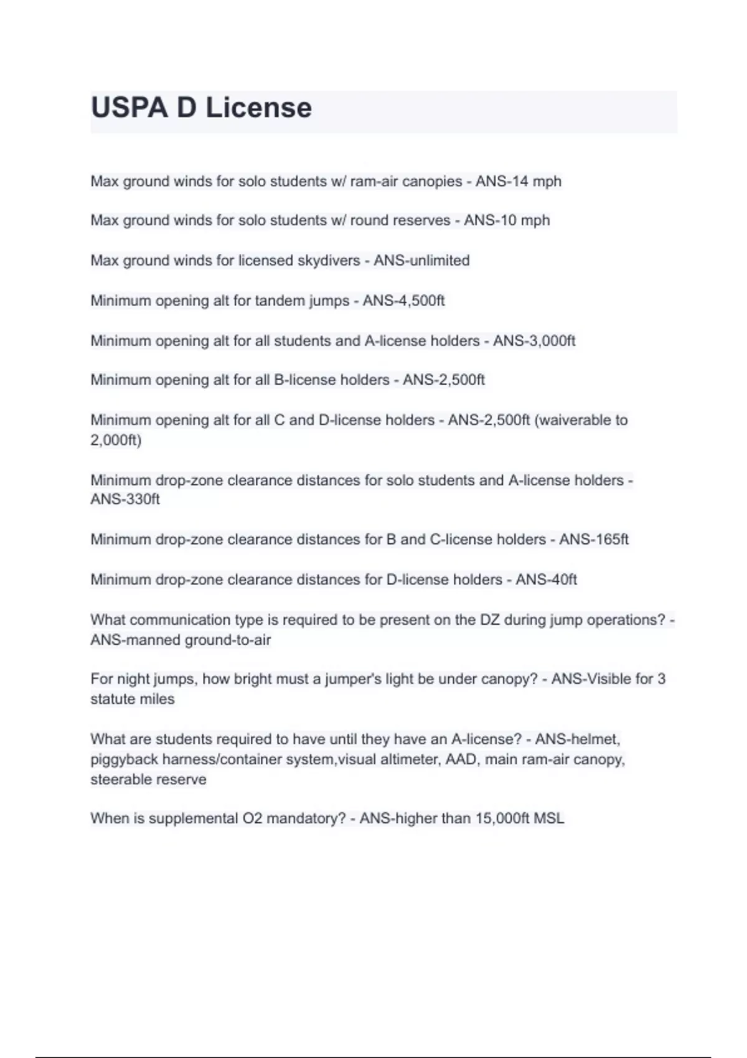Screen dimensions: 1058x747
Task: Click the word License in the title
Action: click(x=258, y=108)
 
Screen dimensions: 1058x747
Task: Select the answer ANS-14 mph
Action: click(x=518, y=181)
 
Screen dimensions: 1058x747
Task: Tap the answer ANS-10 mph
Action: click(x=507, y=220)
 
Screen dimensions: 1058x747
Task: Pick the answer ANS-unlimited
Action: click(x=421, y=260)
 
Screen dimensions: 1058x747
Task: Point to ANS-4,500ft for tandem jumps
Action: click(x=403, y=301)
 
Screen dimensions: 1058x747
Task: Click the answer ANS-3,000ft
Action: click(x=534, y=341)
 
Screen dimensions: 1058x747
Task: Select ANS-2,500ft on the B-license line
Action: click(x=443, y=380)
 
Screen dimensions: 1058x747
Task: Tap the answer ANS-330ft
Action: click(x=125, y=499)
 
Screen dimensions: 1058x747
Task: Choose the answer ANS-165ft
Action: click(x=594, y=539)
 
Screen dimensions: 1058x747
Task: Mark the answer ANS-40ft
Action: click(x=546, y=579)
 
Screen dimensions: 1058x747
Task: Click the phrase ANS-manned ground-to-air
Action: click(x=181, y=640)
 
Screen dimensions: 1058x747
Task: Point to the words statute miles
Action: click(x=133, y=699)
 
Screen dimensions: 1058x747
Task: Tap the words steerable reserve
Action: click(x=148, y=779)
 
